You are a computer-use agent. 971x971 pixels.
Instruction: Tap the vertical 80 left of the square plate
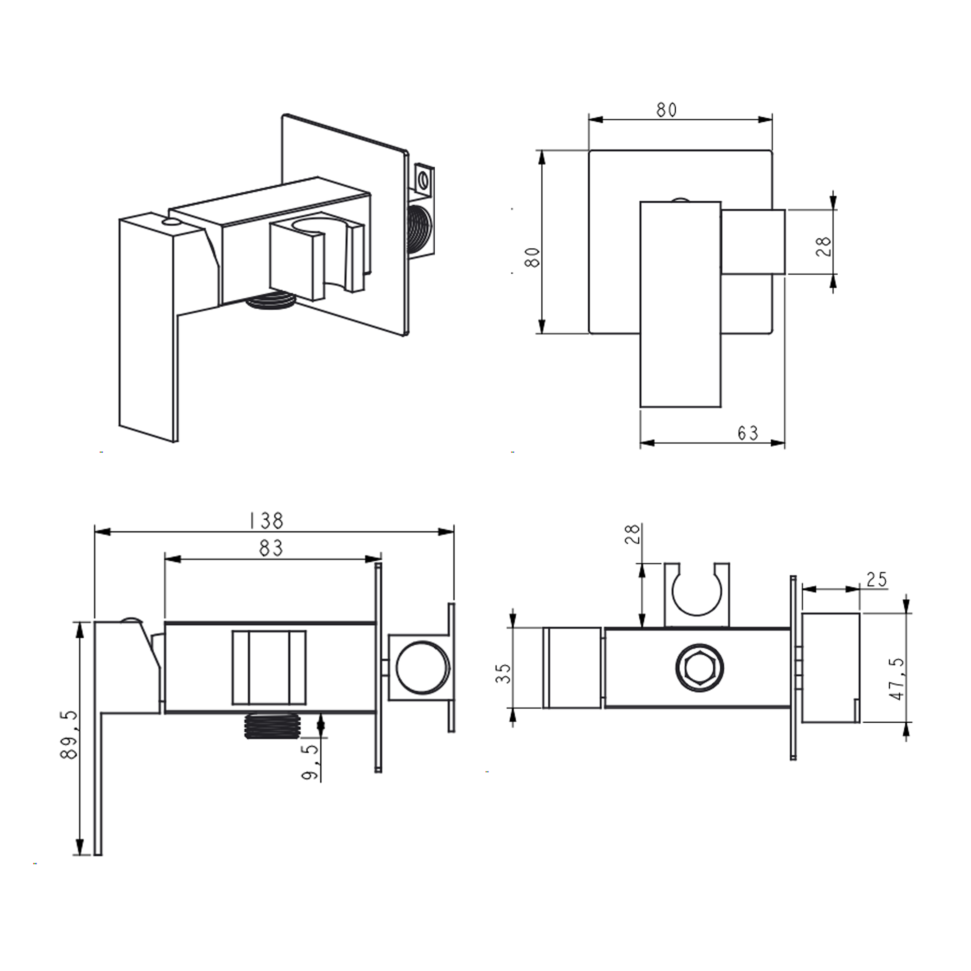click(532, 257)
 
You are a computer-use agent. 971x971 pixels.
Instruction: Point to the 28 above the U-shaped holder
click(632, 534)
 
